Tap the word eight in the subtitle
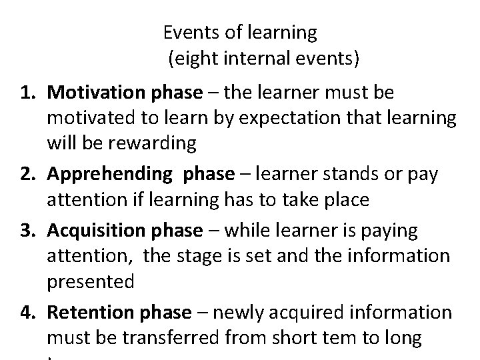tap(193, 59)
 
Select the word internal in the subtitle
tap(251, 59)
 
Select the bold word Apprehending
tap(110, 173)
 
